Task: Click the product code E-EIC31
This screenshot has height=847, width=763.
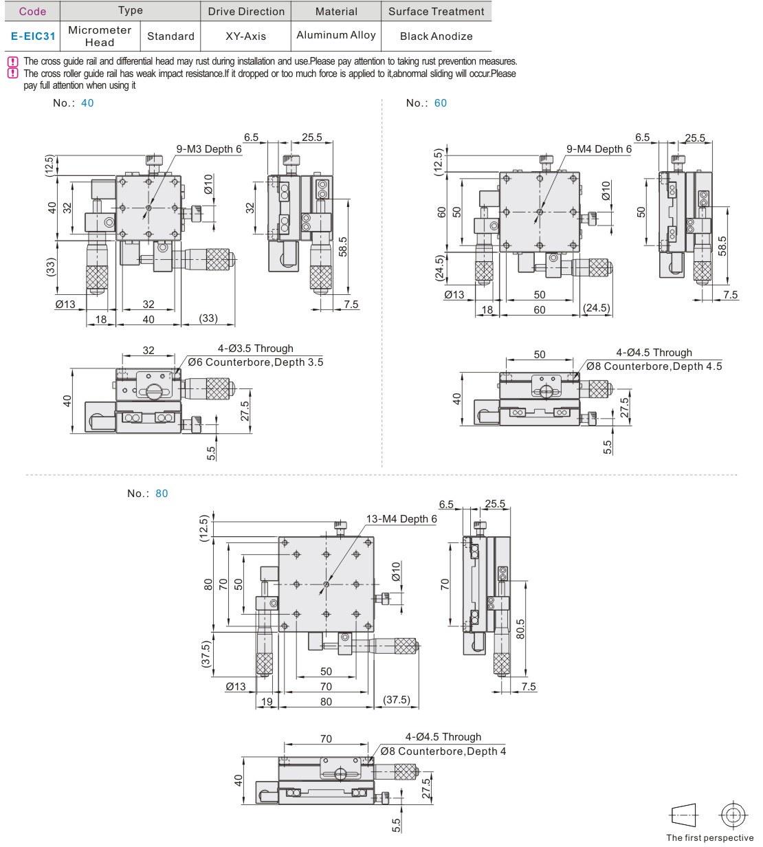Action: [32, 36]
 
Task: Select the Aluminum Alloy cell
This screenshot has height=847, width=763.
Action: [336, 35]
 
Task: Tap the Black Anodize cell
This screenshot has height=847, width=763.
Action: [436, 36]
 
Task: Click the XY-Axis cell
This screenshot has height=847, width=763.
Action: [245, 36]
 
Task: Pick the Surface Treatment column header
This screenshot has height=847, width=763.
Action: [436, 12]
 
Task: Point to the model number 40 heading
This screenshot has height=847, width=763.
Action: [87, 103]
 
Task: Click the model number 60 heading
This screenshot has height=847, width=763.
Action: [440, 103]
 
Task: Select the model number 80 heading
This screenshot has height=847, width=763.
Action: [162, 494]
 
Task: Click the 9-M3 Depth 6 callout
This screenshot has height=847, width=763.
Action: [209, 149]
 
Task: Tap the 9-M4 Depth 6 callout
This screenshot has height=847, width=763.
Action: [599, 149]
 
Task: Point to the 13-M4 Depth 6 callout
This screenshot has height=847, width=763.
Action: [401, 519]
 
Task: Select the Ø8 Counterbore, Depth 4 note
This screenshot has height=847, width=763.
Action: [443, 751]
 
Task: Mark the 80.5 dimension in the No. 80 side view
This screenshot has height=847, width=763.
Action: [520, 629]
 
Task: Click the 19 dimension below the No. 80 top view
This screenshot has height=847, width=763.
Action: [267, 702]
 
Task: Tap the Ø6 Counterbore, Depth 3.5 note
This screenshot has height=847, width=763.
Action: [255, 362]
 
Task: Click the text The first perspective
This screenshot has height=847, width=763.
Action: [709, 837]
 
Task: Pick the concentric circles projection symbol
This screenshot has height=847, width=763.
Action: [733, 815]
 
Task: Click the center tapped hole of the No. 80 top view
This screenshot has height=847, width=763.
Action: [326, 584]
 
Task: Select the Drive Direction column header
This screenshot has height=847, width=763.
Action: [246, 12]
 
